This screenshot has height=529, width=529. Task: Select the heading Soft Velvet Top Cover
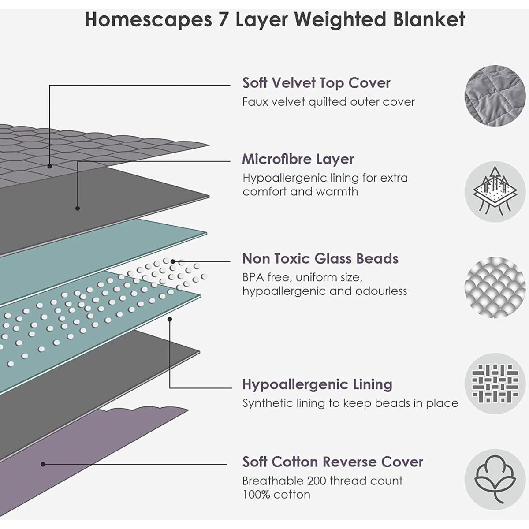click(x=317, y=83)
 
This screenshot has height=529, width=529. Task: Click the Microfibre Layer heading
click(x=298, y=159)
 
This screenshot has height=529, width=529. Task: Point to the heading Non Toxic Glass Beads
click(x=320, y=258)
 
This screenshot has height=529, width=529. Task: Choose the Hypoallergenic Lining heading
click(x=317, y=384)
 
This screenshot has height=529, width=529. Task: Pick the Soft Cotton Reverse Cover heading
click(x=333, y=462)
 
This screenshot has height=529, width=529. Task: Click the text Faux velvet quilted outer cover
click(x=328, y=102)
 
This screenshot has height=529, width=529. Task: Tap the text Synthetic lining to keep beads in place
click(x=350, y=403)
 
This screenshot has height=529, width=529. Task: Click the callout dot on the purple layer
click(x=43, y=464)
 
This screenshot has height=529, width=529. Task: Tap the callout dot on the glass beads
click(x=173, y=261)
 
